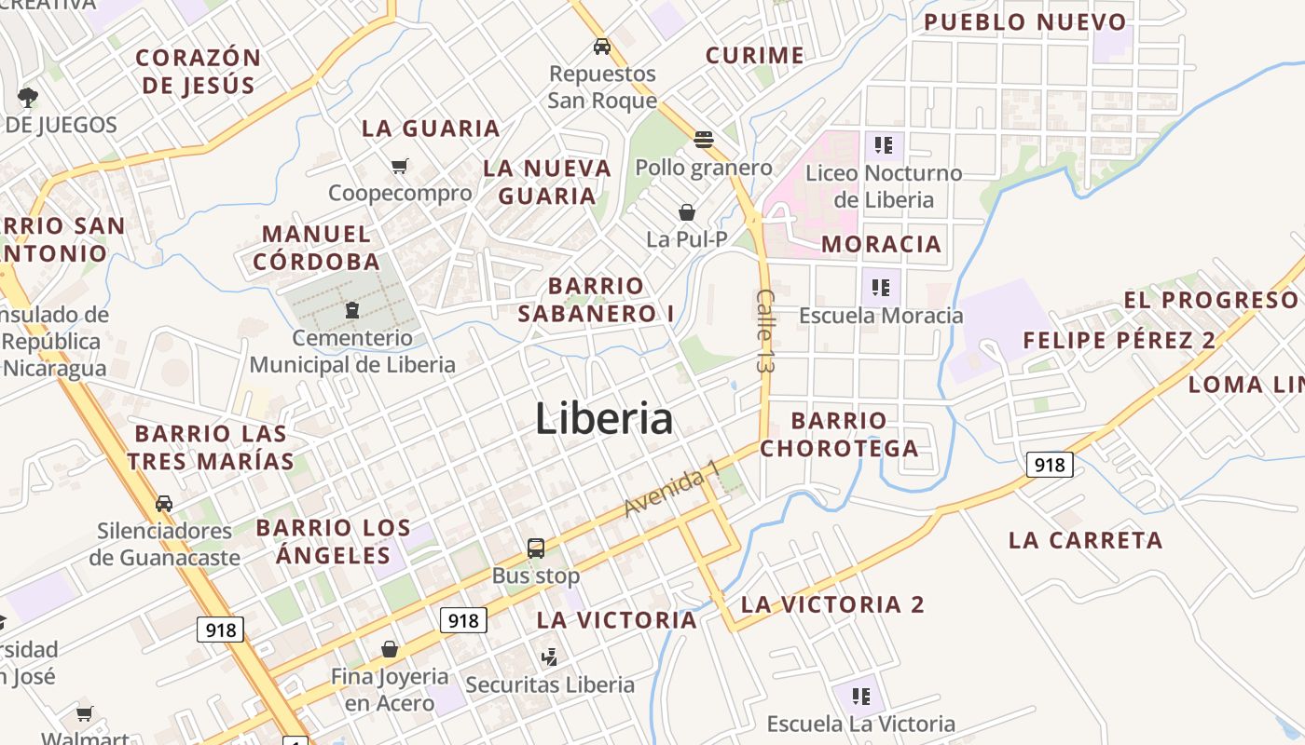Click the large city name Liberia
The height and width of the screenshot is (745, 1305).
tap(604, 419)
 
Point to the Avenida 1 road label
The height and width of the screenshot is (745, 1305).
tap(671, 488)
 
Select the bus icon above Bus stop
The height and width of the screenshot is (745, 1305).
tap(536, 548)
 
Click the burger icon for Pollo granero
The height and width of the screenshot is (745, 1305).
tap(704, 140)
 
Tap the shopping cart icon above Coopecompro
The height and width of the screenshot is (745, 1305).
tap(400, 166)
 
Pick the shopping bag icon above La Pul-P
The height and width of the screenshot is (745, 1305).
tap(687, 212)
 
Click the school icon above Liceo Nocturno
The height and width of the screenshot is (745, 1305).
tap(884, 145)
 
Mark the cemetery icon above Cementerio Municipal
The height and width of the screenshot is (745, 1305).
tap(352, 309)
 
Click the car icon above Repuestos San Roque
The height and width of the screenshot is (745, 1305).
tap(602, 46)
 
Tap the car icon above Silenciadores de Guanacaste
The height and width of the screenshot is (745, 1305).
tap(164, 503)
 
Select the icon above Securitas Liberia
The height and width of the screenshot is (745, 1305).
tap(550, 657)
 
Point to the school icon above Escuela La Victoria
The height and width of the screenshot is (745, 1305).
tap(860, 696)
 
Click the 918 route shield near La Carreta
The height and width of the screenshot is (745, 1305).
tap(1050, 465)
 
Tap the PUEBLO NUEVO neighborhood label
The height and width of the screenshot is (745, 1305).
tap(1024, 22)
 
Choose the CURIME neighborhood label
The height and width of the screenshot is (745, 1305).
tap(754, 56)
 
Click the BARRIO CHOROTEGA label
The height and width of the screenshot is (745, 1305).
tap(839, 435)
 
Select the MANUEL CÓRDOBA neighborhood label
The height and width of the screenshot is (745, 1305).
tap(317, 248)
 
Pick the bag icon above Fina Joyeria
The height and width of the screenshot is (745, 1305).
tap(390, 649)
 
